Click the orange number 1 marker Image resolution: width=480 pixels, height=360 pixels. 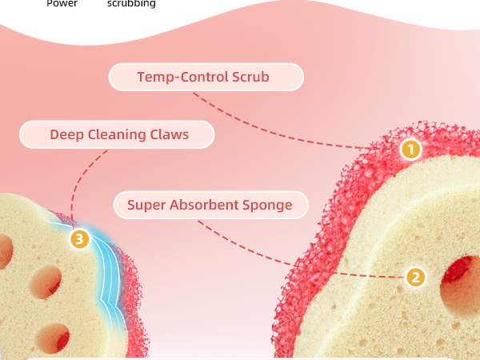pos(411,150)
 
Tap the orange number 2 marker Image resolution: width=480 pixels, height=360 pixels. pos(415,278)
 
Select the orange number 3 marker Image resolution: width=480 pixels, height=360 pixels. pos(79,239)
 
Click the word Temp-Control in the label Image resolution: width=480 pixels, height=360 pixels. pos(182,77)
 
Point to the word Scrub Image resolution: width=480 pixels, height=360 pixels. pos(250,77)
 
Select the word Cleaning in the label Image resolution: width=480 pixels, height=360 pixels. pos(117,134)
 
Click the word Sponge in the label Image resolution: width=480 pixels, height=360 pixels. pos(267,205)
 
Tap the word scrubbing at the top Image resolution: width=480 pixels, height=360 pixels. pos(131,3)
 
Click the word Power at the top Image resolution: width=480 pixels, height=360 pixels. pos(62,3)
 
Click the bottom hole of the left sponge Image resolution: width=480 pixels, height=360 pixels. pos(53,338)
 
